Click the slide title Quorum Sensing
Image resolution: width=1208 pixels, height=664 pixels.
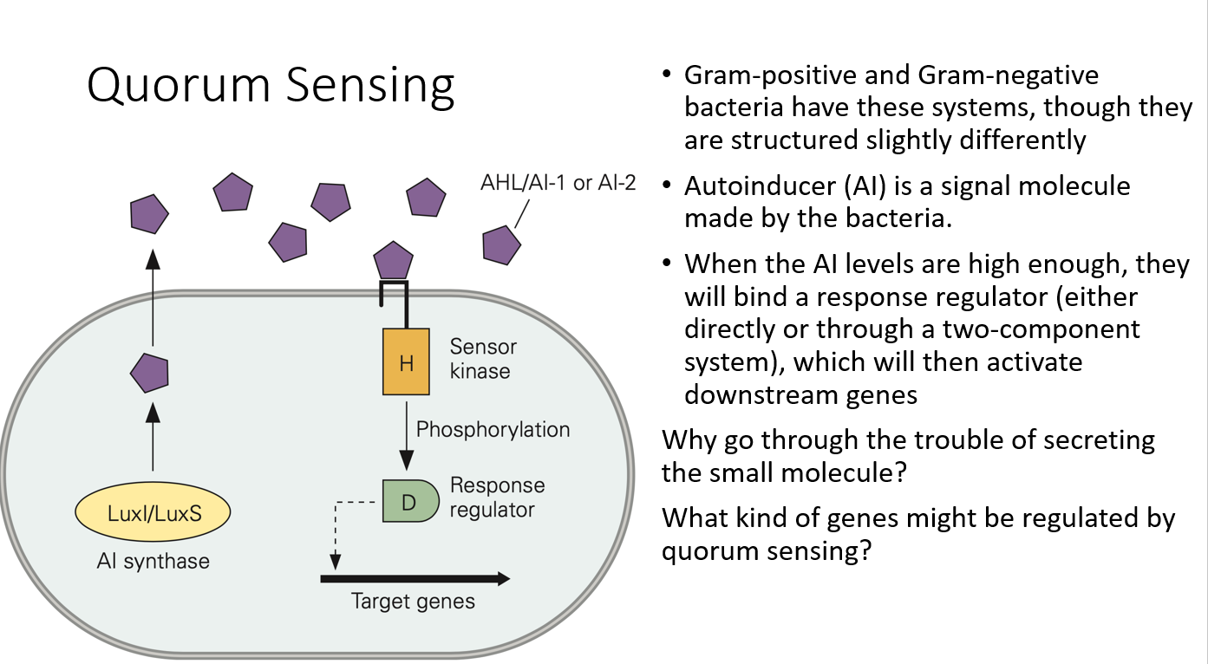tap(271, 87)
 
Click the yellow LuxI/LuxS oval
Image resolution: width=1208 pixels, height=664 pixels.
tap(154, 513)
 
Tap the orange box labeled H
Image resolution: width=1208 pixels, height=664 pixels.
tap(406, 361)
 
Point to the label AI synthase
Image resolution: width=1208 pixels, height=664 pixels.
tap(153, 561)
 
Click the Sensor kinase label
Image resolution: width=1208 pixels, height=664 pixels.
tap(482, 359)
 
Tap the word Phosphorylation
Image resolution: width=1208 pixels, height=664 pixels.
tap(493, 429)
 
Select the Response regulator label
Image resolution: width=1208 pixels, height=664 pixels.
tap(497, 497)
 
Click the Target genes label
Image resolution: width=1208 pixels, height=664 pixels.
tap(413, 601)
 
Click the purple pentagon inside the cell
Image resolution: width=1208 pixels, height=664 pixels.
tap(149, 374)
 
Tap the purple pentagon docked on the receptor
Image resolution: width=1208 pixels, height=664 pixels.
tap(393, 261)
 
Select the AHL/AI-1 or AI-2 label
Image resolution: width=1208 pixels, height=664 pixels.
tap(558, 185)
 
